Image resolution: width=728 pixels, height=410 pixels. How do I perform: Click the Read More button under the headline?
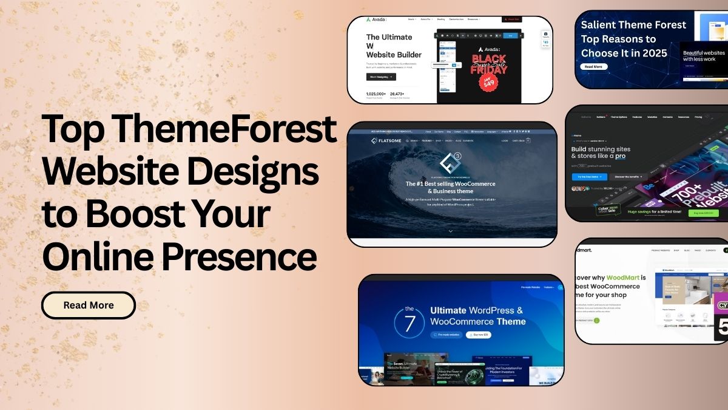[x=89, y=305]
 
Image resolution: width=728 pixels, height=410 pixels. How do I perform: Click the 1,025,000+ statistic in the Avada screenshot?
[x=376, y=94]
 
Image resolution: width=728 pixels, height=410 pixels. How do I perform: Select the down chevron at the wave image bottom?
[x=450, y=231]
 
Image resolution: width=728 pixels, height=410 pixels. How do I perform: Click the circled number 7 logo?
[x=409, y=322]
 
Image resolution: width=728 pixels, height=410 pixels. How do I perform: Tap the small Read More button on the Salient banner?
[x=593, y=67]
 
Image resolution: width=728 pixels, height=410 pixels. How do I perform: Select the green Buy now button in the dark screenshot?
[x=703, y=213]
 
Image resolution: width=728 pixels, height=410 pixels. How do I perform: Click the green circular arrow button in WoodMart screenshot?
[x=596, y=320]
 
